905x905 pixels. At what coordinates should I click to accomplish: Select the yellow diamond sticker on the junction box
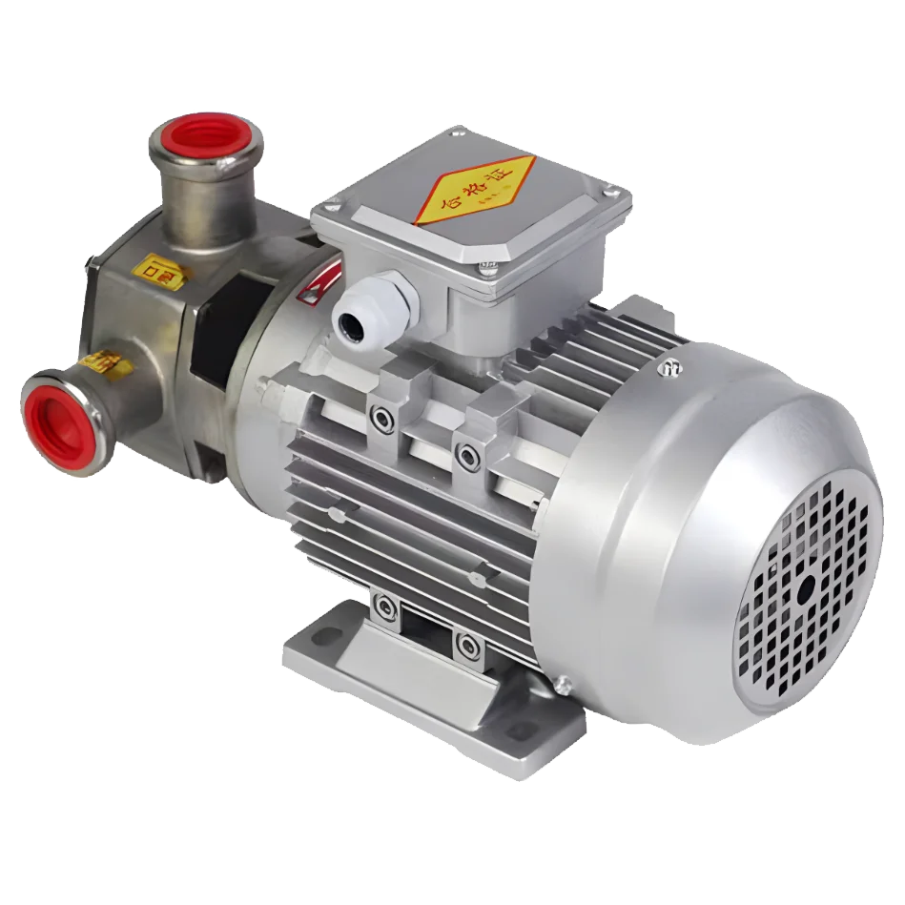[x=475, y=189]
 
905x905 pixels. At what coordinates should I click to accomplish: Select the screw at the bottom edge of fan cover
[x=564, y=683]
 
